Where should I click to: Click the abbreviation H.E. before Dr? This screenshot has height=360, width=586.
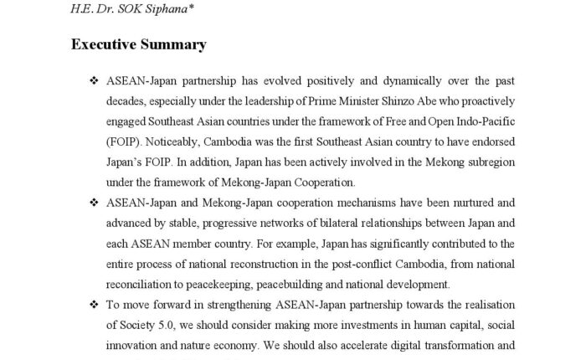(x=81, y=9)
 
